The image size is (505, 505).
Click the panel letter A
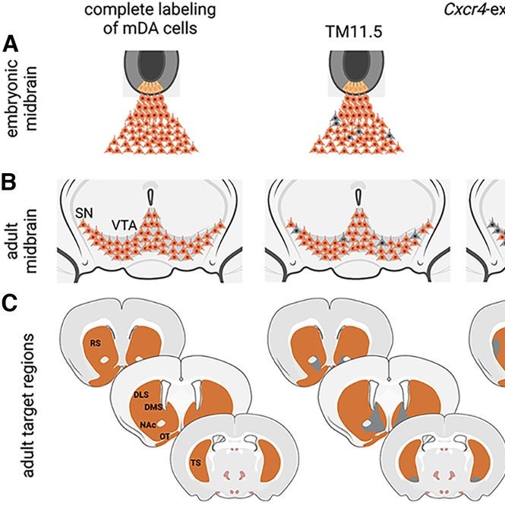click(x=11, y=43)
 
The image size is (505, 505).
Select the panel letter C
click(x=11, y=303)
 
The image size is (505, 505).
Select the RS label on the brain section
click(x=96, y=343)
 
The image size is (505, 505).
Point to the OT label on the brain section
click(x=166, y=437)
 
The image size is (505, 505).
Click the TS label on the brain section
click(x=196, y=462)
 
